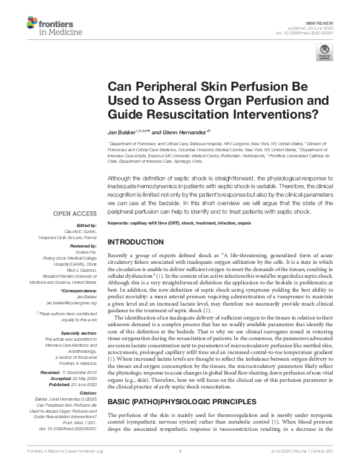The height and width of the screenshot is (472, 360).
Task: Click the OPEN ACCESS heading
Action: pos(75,214)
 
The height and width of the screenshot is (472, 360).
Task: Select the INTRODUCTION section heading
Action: pos(135,242)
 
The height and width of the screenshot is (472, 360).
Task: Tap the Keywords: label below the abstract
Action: pos(119,223)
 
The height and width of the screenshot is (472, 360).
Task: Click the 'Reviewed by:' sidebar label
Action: pos(85,247)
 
